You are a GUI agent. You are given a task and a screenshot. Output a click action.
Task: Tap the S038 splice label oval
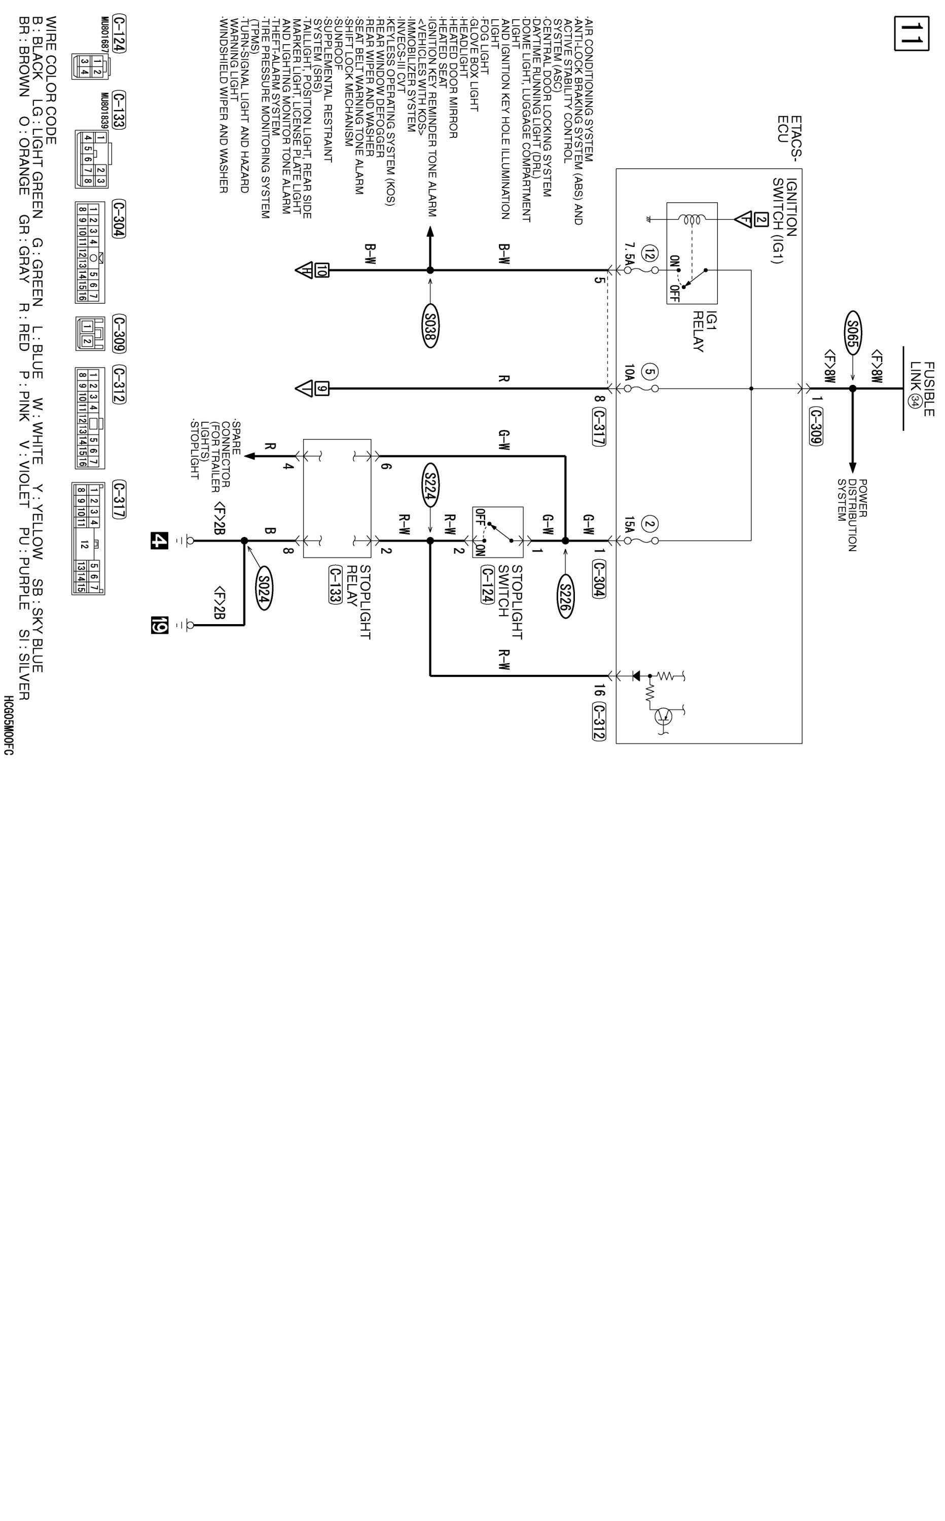point(430,325)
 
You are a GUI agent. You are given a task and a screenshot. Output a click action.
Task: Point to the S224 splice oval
point(430,484)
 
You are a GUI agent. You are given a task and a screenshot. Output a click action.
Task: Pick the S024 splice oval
point(264,588)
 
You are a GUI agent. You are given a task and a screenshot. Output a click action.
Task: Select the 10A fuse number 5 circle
point(650,373)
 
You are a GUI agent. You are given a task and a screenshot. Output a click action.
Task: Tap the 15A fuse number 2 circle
point(650,525)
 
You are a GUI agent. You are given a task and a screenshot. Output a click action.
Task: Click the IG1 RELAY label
point(704,331)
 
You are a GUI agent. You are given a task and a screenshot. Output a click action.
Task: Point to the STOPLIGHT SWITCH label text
point(511,602)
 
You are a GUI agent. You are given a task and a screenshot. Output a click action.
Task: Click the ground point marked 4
point(159,540)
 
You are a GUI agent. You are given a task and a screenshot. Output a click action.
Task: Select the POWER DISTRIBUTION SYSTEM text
point(852,515)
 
